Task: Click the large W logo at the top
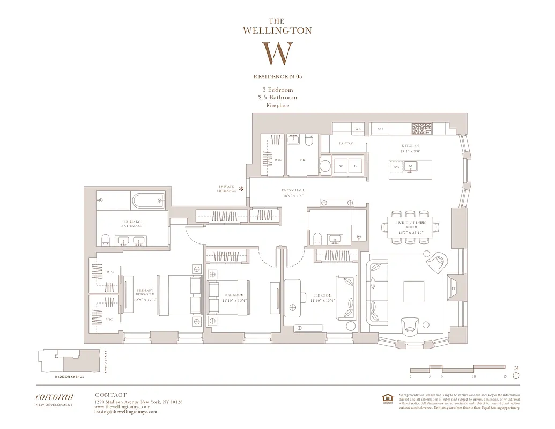[277, 54]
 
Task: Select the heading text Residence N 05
[277, 77]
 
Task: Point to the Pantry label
[345, 144]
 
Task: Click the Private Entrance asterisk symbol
[241, 188]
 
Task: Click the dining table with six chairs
[411, 226]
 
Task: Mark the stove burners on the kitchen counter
[421, 128]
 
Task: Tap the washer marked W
[341, 166]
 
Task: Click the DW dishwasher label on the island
[397, 167]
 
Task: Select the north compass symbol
[516, 375]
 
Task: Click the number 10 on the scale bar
[473, 376]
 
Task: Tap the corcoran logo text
[54, 397]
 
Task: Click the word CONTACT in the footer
[110, 395]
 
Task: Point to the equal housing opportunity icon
[387, 398]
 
